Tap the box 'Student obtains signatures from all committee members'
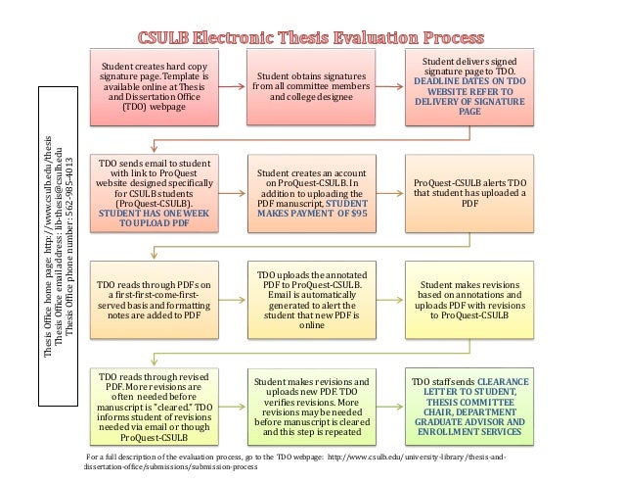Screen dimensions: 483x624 pos(306,87)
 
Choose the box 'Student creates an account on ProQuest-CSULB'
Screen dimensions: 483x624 pos(306,190)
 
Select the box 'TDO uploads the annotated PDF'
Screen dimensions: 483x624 pos(306,298)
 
